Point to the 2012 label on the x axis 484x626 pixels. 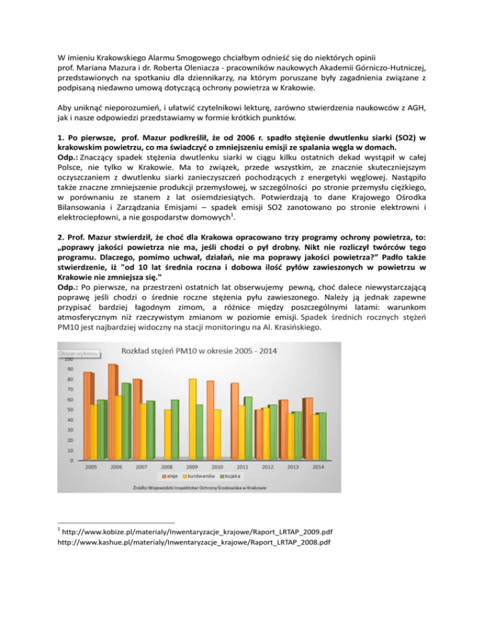pyautogui.click(x=268, y=467)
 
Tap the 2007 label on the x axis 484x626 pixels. pyautogui.click(x=141, y=467)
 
